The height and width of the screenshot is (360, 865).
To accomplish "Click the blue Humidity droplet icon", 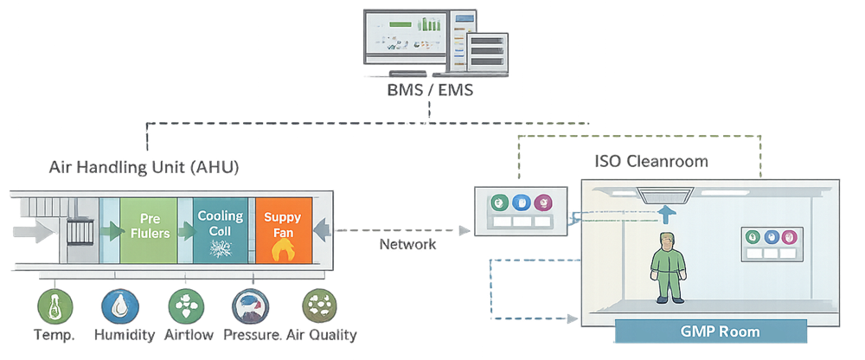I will tap(119, 306).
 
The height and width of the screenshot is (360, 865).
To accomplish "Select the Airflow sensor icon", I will tap(184, 306).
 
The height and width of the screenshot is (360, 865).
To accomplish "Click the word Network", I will tap(407, 245).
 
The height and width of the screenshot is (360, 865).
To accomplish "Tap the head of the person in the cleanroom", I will tap(666, 241).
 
